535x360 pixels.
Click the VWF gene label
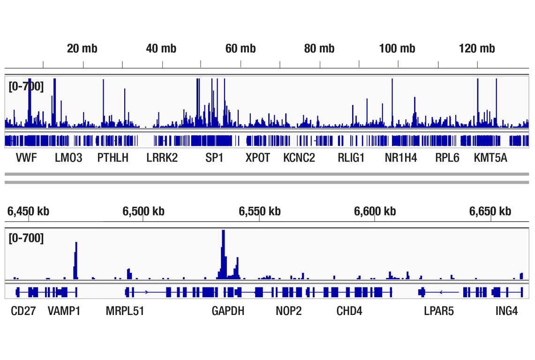(26, 158)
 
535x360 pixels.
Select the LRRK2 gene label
(162, 158)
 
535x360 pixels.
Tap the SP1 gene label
(214, 158)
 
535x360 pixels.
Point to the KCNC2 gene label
(299, 158)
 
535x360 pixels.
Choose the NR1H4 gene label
(400, 158)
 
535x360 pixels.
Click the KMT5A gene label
(490, 158)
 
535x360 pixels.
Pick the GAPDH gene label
(228, 311)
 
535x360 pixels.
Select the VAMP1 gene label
(64, 311)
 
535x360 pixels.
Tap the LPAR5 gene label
(439, 311)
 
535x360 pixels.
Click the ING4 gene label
(507, 311)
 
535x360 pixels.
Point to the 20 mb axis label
(82, 48)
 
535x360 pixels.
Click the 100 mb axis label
(397, 48)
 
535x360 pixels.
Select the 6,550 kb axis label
(259, 211)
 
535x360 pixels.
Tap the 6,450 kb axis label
(28, 211)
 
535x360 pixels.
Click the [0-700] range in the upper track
(26, 86)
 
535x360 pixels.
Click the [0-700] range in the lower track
(26, 238)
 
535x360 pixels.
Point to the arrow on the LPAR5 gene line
(441, 292)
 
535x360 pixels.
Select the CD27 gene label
(23, 311)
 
